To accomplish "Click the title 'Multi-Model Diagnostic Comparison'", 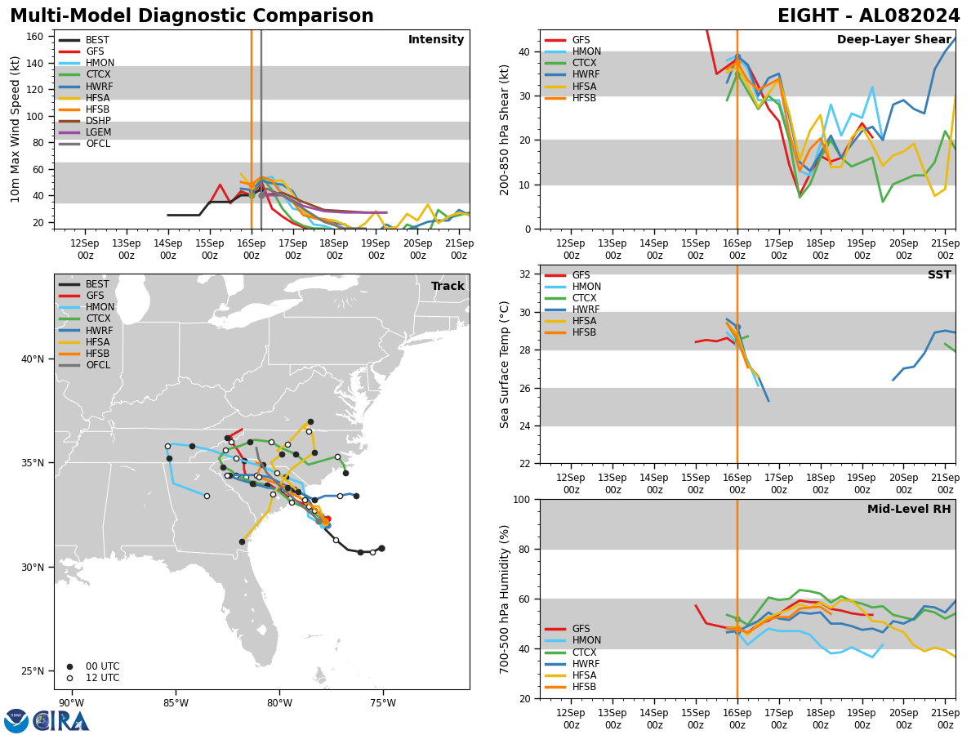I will click(x=192, y=16).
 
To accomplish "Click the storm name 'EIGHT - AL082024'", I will click(x=868, y=16).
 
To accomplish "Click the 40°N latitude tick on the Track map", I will click(x=39, y=359).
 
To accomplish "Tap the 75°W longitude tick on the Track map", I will click(x=382, y=703).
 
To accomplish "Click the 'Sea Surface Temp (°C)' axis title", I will click(x=506, y=364).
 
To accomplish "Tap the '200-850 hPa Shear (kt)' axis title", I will click(x=506, y=129).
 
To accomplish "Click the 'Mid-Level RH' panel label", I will click(x=909, y=510).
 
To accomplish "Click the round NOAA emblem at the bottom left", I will click(x=16, y=721).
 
